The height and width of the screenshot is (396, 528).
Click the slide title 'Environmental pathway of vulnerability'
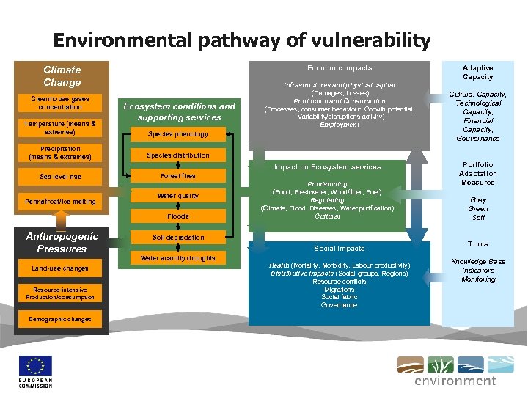241,40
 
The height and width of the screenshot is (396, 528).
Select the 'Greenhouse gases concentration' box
61,103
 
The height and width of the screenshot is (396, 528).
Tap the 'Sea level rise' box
61,177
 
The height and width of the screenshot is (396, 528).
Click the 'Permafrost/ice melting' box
61,201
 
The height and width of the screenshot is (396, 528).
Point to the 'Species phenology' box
178,134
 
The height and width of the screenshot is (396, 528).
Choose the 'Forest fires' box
178,176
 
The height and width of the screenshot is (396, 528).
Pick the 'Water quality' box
178,196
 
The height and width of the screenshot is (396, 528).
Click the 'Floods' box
178,216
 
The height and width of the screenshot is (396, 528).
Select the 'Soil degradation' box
178,238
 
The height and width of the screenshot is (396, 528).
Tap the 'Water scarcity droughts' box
178,258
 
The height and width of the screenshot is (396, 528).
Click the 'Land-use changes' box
61,268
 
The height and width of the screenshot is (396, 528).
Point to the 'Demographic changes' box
61,320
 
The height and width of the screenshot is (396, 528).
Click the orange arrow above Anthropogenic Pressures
61,221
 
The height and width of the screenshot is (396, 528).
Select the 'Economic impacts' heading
340,68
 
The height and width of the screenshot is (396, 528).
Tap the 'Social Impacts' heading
340,249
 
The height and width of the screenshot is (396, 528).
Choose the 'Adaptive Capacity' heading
477,72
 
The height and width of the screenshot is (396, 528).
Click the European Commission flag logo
36,366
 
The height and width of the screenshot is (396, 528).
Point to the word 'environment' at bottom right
455,381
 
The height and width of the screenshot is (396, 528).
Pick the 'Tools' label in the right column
477,243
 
